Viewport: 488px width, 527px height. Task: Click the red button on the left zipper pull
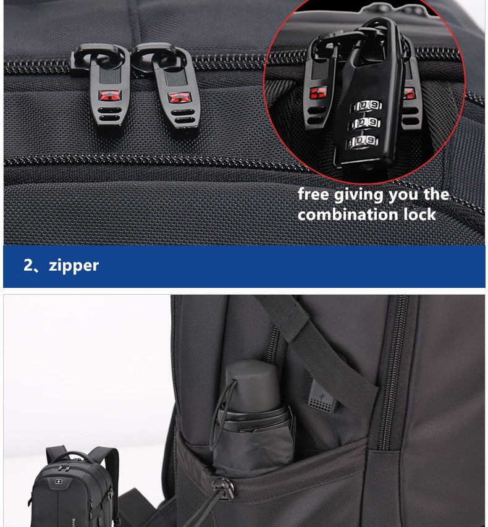tap(109, 96)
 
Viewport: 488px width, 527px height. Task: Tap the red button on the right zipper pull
tap(180, 98)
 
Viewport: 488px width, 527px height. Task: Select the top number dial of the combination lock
tap(367, 106)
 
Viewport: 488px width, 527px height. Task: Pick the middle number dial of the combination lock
tap(365, 123)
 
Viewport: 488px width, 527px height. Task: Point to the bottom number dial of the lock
tap(363, 141)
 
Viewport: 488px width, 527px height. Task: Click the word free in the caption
tap(313, 194)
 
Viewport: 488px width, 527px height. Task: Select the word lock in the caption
tap(419, 214)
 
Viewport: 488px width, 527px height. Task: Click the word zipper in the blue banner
tap(74, 266)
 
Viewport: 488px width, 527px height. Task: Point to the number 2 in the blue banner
tap(28, 265)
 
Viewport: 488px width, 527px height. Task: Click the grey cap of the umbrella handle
tap(252, 386)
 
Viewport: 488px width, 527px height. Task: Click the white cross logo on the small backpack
tap(59, 483)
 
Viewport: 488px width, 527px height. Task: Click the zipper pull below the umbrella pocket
tap(223, 487)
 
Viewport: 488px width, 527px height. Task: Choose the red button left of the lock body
tap(318, 93)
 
